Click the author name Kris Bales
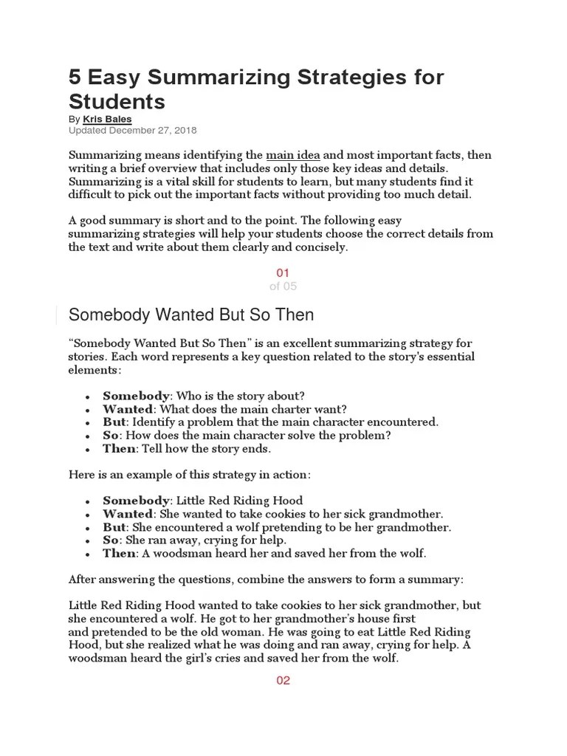[108, 119]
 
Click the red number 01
[283, 273]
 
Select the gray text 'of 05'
[283, 286]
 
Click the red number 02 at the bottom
[283, 680]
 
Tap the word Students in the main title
[117, 101]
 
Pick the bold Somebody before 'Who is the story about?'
[136, 395]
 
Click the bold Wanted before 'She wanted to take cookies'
[128, 513]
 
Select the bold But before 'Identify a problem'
[114, 422]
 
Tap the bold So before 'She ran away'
[111, 540]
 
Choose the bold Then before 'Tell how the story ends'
[119, 448]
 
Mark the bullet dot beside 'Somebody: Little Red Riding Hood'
[88, 501]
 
